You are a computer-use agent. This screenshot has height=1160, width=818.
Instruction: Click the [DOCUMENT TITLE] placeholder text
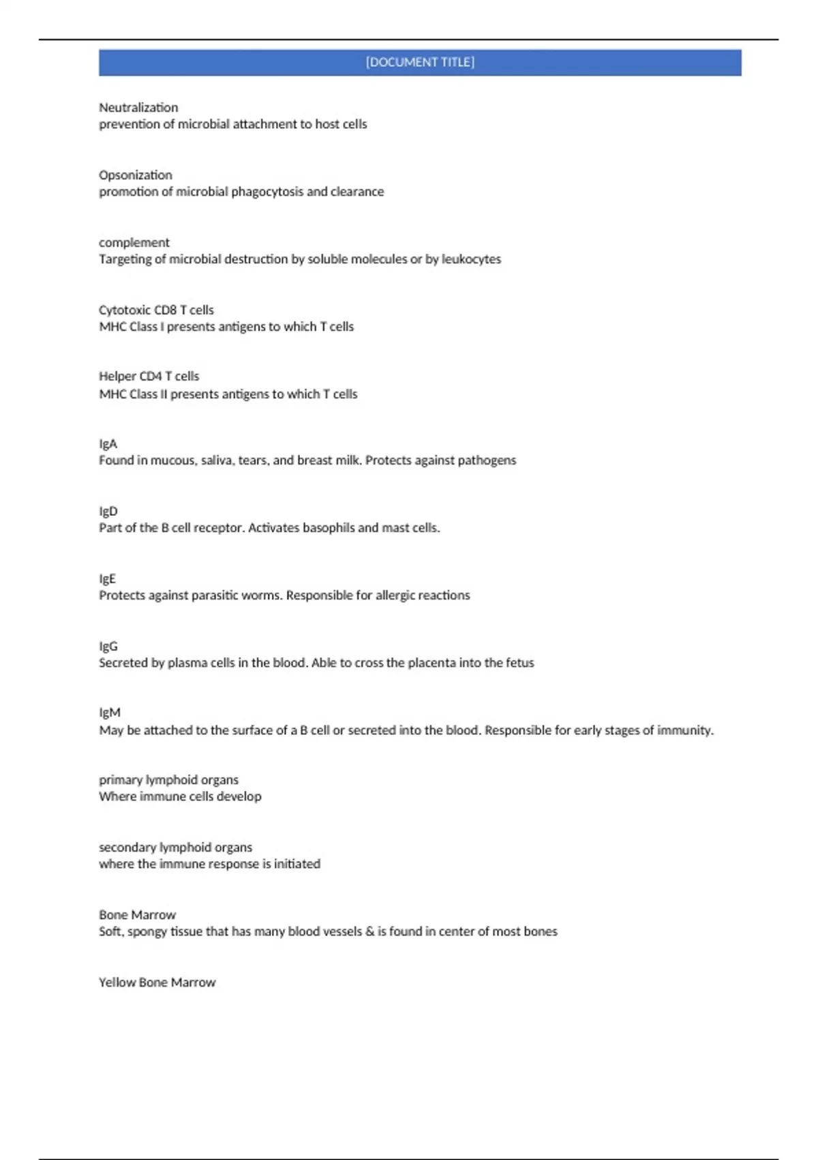point(420,62)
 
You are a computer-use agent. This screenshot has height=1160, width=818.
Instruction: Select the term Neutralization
point(138,108)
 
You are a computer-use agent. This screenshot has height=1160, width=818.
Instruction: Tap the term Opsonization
point(136,175)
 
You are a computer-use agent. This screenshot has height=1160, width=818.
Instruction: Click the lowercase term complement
point(134,243)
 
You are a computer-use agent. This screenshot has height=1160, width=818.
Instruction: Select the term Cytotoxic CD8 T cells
point(156,310)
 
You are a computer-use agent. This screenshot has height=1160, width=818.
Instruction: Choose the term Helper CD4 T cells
point(149,377)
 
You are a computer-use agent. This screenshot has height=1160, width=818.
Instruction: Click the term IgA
point(108,444)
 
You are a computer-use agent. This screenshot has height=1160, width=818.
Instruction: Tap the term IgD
point(108,512)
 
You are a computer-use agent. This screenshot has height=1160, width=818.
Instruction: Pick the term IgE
point(108,579)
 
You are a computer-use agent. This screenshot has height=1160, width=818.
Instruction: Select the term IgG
point(108,646)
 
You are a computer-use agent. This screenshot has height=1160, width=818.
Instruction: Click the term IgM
point(110,713)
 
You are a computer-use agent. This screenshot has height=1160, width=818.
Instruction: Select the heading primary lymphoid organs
point(168,780)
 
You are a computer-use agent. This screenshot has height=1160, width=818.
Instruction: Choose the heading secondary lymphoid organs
point(175,847)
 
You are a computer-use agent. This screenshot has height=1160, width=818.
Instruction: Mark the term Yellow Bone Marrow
point(157,983)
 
